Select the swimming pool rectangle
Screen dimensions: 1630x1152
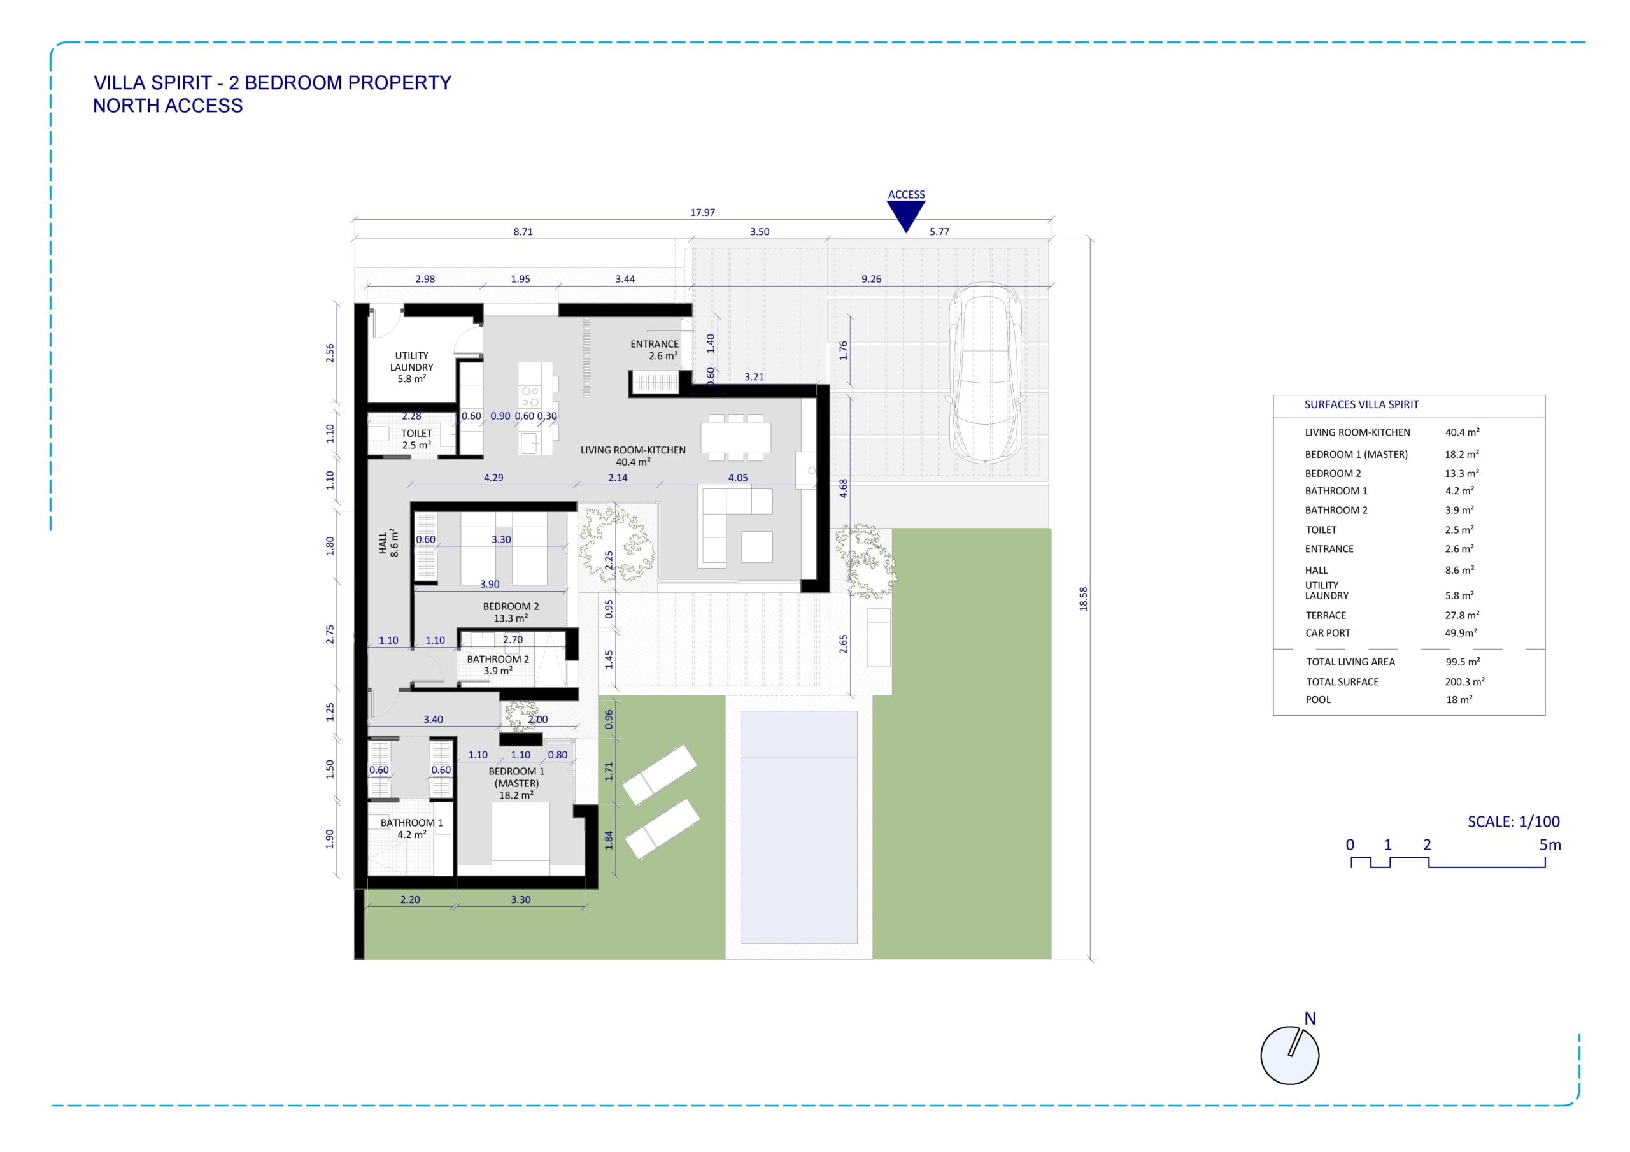798,827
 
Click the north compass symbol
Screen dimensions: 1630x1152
1289,1054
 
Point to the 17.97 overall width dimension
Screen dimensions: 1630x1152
702,212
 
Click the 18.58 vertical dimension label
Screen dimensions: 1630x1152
1083,599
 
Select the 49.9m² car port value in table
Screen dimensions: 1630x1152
1461,633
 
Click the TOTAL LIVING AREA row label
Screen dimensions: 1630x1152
1351,662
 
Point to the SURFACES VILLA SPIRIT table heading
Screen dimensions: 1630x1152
1362,405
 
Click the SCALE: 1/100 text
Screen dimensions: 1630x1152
1514,821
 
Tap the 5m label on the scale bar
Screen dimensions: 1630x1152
1550,845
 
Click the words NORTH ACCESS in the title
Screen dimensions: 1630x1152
167,106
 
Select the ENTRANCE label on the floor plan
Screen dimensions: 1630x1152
655,344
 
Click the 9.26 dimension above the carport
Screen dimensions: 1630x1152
871,279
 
